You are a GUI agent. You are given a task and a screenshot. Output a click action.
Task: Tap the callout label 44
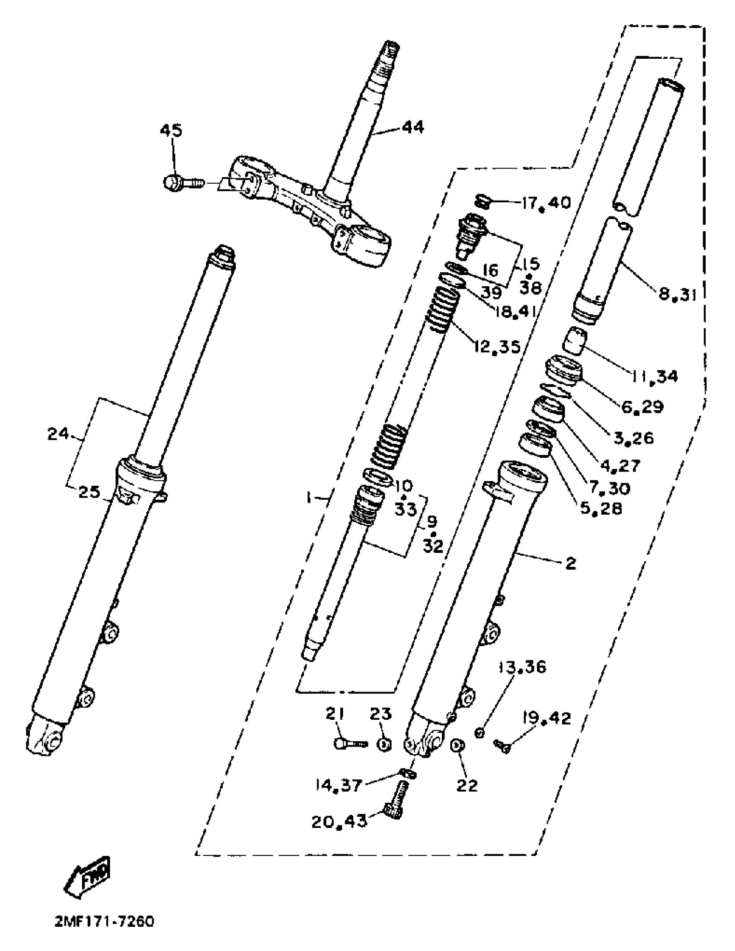412,128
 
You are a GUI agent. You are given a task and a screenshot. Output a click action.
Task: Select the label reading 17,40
546,203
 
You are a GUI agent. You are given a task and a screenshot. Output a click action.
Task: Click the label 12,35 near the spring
497,347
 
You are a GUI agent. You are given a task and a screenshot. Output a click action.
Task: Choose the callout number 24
58,434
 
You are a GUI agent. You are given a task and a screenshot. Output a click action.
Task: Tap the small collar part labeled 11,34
575,341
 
